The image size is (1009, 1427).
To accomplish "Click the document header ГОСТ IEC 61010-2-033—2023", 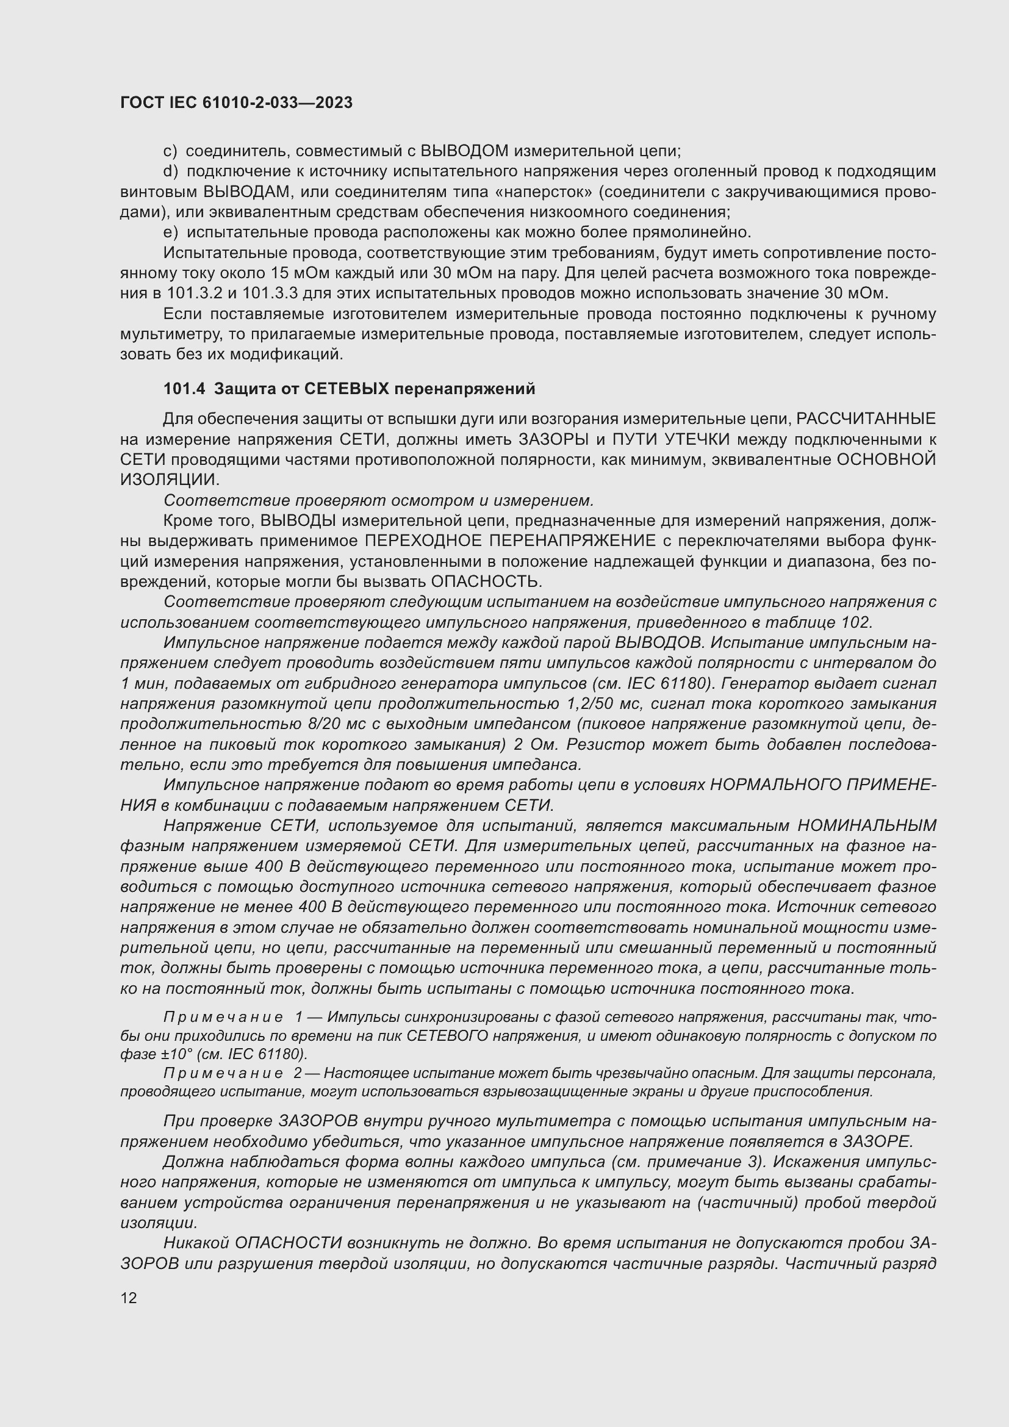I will point(236,102).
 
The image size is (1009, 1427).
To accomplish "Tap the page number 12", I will point(129,1298).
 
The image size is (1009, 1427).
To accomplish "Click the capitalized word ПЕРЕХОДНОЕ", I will point(423,541).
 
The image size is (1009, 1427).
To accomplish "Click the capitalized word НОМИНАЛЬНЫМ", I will point(866,826).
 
